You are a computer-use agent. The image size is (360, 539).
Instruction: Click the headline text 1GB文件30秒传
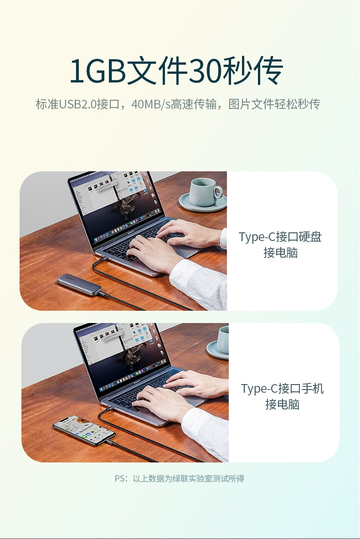176,71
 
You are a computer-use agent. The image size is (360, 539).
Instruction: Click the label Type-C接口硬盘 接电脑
280,244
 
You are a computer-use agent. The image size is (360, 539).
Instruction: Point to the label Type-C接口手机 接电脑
282,396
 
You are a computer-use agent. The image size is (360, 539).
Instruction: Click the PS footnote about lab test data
179,478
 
